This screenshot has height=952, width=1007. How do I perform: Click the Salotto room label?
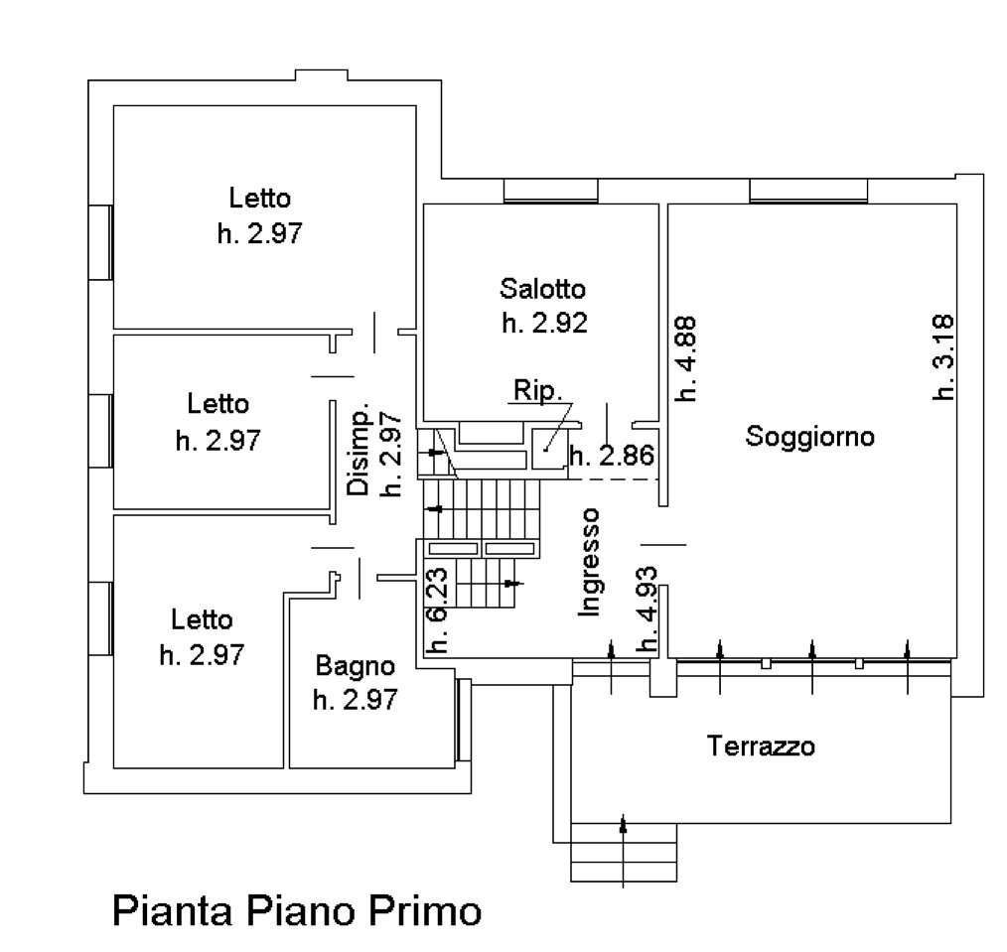point(542,289)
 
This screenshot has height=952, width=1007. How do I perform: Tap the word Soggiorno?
point(810,436)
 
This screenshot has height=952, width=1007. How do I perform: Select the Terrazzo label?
point(761,745)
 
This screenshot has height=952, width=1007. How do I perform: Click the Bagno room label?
point(356,665)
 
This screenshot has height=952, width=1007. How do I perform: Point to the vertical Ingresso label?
point(590,562)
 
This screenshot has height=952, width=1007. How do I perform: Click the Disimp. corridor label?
point(359,452)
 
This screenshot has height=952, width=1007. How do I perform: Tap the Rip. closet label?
point(536,389)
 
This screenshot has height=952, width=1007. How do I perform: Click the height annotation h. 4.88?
point(687,357)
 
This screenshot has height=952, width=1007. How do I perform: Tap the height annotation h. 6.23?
point(435,607)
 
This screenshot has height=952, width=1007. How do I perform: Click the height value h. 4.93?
point(647,609)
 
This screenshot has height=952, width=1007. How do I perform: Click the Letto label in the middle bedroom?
point(218,404)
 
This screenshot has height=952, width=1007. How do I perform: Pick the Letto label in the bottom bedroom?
point(203,620)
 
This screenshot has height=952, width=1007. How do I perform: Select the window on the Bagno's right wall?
point(462,721)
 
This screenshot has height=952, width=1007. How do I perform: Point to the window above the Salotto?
point(550,191)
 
